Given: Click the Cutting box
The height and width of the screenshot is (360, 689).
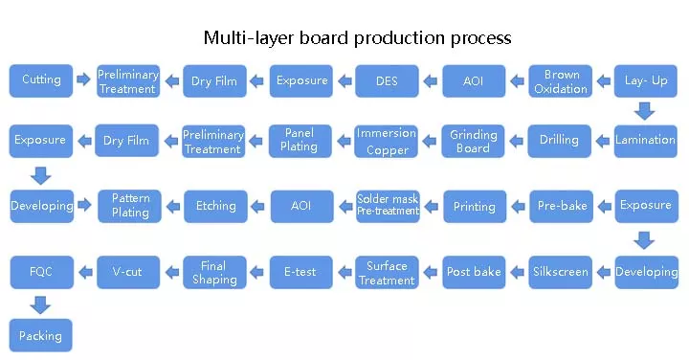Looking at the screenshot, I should (41, 80).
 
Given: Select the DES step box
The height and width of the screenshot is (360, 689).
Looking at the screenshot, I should (387, 80).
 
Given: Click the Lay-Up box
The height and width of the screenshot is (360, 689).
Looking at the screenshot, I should (646, 80).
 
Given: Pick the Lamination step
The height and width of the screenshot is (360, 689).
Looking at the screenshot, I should (646, 140).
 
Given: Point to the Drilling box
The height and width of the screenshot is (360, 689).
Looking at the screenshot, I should (560, 140).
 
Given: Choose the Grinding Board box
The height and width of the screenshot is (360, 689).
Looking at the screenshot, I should (474, 141).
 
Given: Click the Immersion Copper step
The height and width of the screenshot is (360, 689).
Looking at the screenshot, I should (387, 141).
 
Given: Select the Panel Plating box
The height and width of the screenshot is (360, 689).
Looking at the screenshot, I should (300, 140).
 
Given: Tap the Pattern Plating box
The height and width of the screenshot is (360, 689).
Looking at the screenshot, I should (130, 205).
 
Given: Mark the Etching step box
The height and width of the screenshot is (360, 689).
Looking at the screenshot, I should (216, 206).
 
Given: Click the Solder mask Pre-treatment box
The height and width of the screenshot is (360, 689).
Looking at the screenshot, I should (388, 205).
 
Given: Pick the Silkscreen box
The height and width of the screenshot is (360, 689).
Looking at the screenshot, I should (561, 272).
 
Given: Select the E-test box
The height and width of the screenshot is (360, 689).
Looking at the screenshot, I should (300, 272).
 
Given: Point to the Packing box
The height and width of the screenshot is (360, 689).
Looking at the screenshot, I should (40, 336).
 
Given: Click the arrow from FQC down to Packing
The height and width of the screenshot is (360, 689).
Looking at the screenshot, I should (40, 304).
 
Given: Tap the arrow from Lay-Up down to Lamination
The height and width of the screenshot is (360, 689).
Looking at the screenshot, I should (646, 110).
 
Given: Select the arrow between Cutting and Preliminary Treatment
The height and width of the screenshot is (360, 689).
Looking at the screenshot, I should (83, 80).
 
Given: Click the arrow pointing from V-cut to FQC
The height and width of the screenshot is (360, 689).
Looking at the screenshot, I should (83, 272).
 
